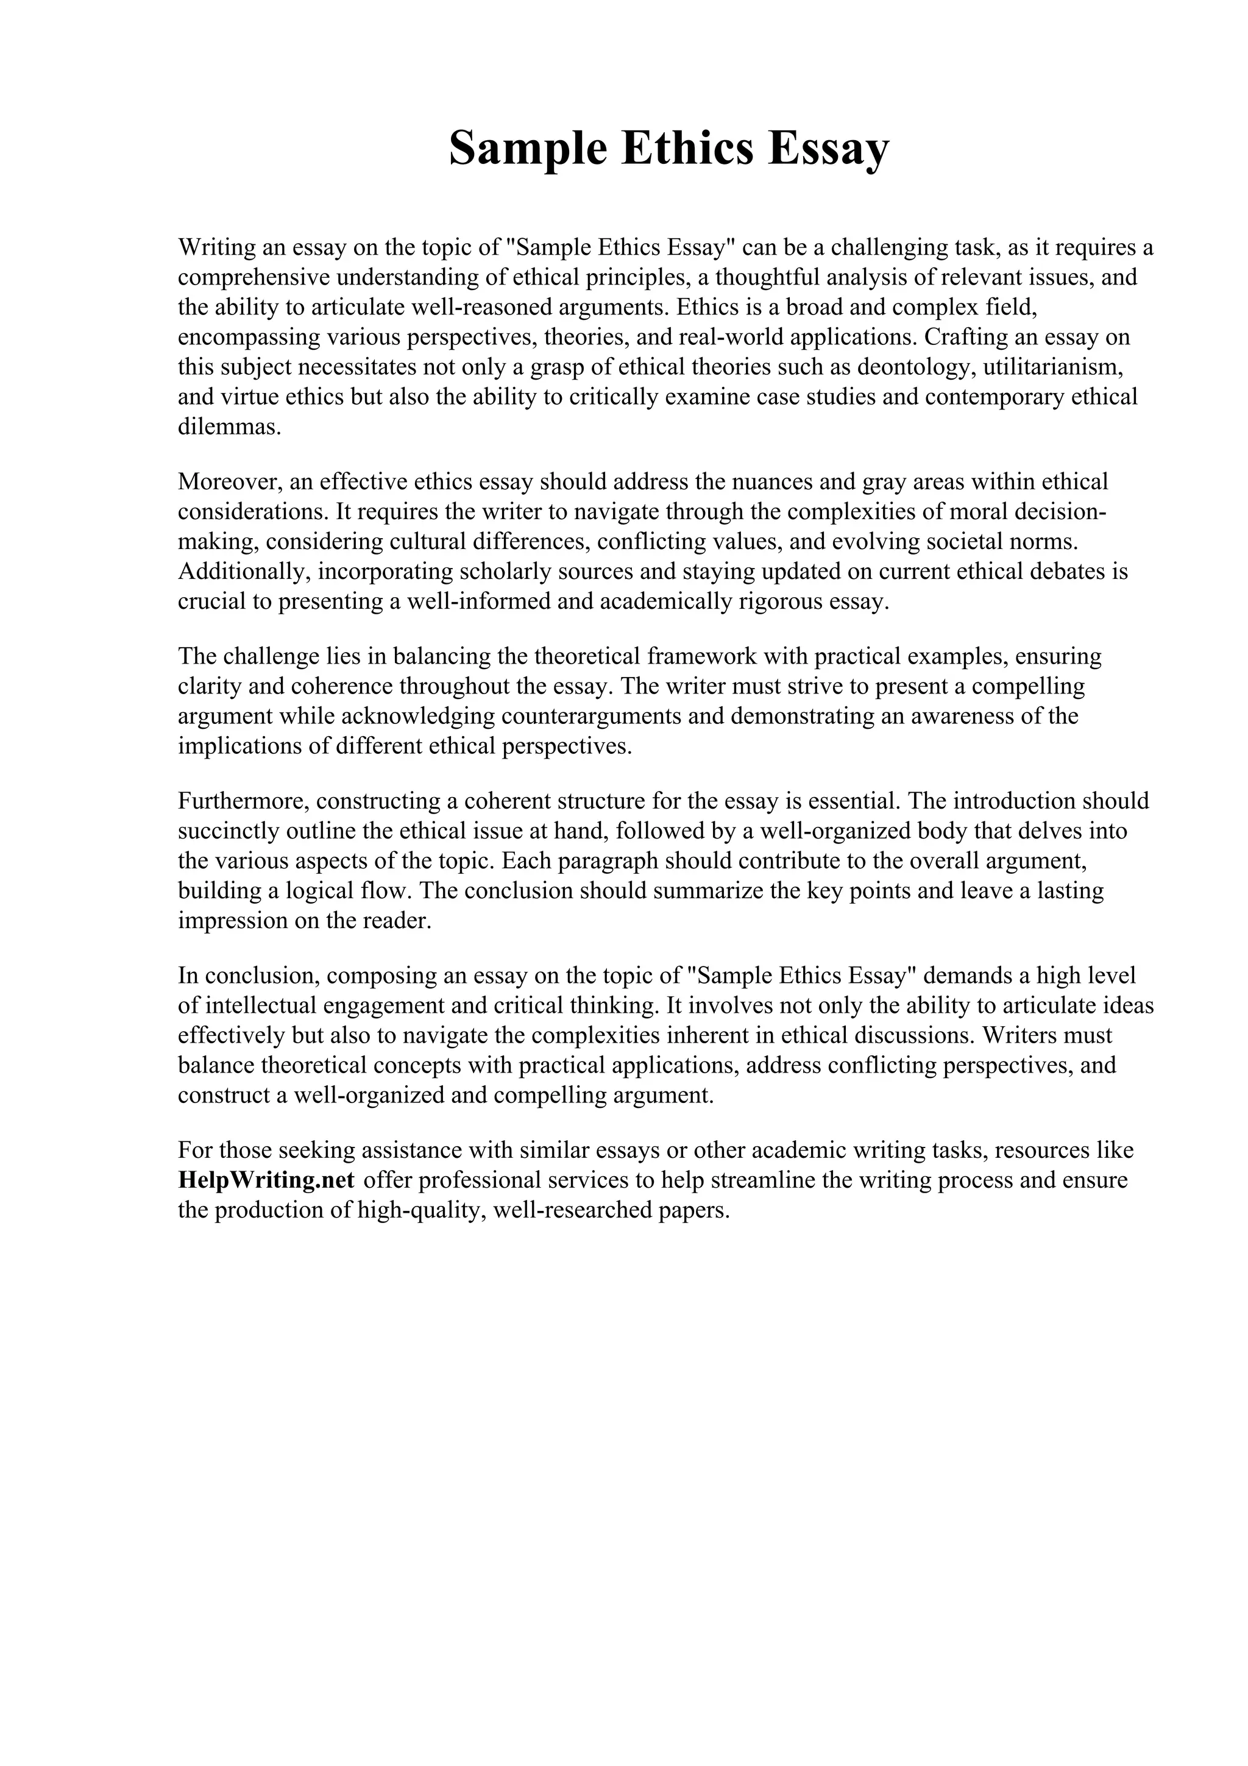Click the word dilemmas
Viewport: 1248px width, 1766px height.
point(229,427)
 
